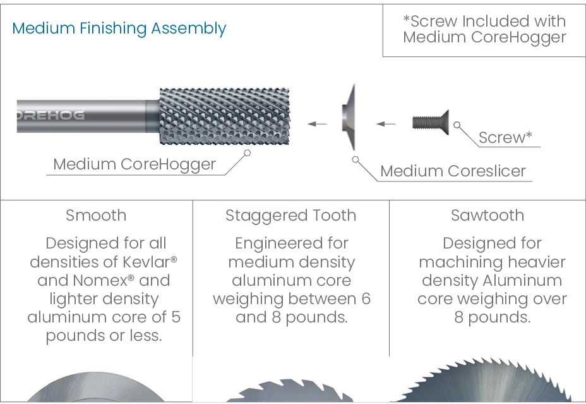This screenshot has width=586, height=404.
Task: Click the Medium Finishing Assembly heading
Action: click(119, 29)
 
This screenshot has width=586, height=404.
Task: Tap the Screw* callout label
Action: click(505, 138)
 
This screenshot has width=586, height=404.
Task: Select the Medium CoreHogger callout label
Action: click(135, 164)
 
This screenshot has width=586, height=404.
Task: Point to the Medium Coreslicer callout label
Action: click(453, 171)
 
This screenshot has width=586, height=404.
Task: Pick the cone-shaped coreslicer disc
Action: click(349, 118)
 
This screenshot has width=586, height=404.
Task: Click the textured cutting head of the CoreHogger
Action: click(225, 116)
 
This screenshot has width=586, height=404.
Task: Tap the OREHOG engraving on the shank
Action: click(51, 114)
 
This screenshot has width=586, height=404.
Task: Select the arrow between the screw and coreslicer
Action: click(386, 124)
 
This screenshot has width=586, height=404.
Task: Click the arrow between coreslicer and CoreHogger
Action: click(317, 124)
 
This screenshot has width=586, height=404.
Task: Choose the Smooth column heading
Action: click(96, 216)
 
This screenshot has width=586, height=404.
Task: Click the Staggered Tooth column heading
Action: click(290, 216)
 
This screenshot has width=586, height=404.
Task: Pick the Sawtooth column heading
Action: click(487, 216)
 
